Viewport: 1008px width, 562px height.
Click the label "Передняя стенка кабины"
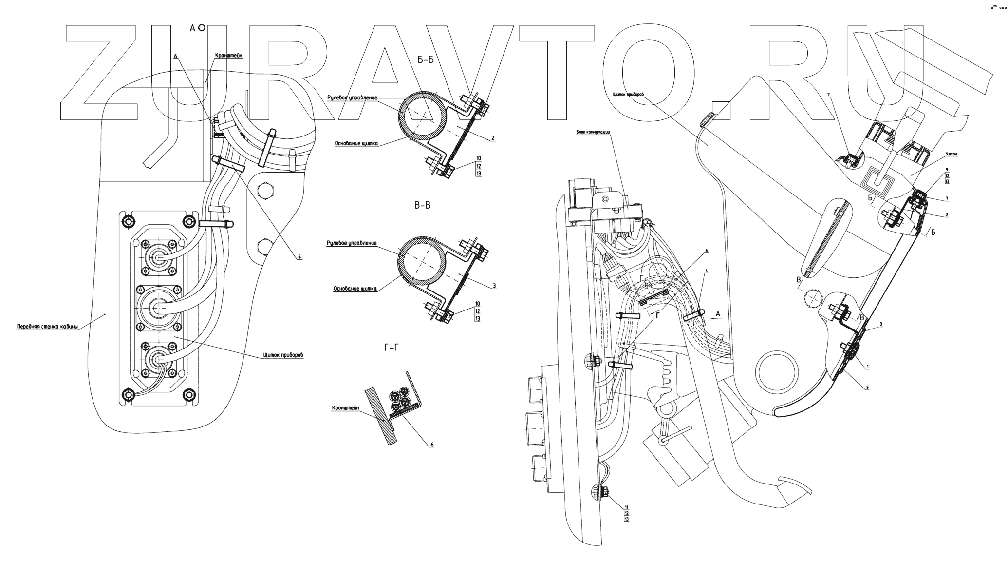pos(47,327)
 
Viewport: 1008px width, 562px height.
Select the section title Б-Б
pos(426,60)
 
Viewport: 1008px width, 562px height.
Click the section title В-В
pos(422,206)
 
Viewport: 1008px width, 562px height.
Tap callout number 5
pos(867,388)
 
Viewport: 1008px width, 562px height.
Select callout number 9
pos(947,169)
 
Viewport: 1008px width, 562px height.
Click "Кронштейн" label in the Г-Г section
pos(346,408)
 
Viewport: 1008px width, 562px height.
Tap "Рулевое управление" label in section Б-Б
pos(352,98)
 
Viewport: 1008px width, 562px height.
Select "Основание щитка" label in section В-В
pos(355,289)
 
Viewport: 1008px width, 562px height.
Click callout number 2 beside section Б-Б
pos(493,138)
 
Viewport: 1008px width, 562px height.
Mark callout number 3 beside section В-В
pos(494,286)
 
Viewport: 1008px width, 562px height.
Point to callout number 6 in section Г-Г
pos(431,445)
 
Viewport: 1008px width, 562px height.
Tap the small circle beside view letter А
pos(202,29)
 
